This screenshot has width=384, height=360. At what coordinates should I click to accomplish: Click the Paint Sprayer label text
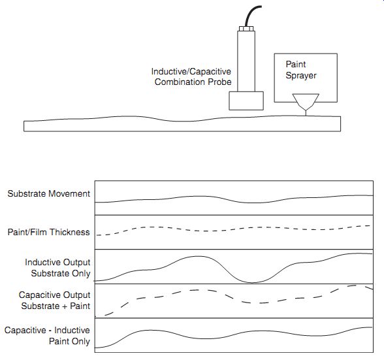pos(301,70)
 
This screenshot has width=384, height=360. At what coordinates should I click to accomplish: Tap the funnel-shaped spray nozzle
pos(306,102)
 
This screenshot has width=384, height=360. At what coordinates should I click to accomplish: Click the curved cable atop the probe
pos(251,15)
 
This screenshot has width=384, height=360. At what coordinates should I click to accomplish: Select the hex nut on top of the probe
pos(246,29)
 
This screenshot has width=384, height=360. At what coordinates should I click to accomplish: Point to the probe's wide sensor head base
pos(246,101)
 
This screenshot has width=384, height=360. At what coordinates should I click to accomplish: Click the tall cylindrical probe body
pos(246,61)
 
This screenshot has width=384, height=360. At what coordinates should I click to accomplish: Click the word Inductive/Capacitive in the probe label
pos(191,72)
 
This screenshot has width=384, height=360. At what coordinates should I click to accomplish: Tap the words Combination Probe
pos(193,82)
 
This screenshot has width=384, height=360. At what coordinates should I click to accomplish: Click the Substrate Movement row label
pos(49,193)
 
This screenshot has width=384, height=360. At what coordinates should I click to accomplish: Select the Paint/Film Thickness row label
pos(49,232)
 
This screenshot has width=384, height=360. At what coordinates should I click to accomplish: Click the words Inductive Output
pos(57,262)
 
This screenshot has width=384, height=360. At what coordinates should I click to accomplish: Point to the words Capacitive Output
pos(54,295)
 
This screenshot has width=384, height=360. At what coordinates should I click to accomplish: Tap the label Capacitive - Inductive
pos(47,330)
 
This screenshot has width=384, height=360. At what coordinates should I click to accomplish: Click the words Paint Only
pos(69,341)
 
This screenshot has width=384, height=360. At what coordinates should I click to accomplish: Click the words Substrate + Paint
pos(56,306)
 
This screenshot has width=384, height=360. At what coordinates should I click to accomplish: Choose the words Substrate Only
pos(61,273)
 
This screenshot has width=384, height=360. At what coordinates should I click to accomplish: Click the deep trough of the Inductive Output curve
pos(253,282)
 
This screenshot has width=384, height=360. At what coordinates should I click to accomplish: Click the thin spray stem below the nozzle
pos(306,113)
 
